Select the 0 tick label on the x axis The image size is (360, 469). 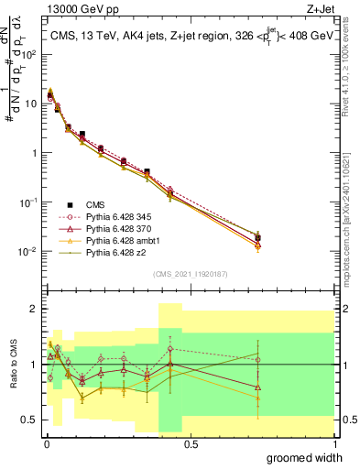(x=45, y=444)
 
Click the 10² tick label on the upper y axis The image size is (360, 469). (x=29, y=54)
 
